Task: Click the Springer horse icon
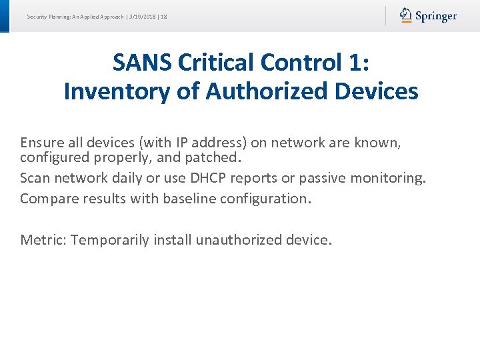[x=405, y=15]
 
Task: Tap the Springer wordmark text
[x=436, y=16]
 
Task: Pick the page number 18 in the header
[x=163, y=16]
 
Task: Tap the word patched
[x=214, y=158]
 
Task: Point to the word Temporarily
[x=110, y=239]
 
